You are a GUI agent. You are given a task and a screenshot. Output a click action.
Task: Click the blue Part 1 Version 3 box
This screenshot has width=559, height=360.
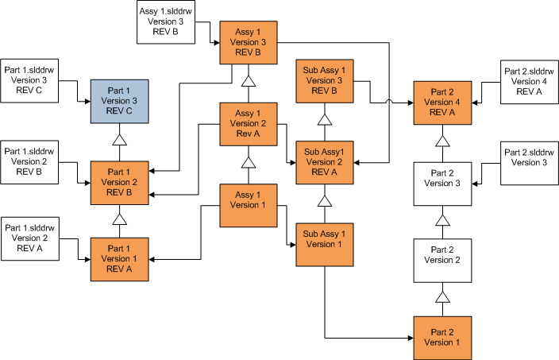tap(120, 102)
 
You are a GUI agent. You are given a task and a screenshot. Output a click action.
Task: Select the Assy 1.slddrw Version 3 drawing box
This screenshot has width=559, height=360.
tap(167, 22)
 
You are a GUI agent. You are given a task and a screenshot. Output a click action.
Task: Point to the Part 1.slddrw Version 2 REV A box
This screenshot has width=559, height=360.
tap(32, 238)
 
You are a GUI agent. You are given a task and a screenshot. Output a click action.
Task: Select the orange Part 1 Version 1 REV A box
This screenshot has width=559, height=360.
tap(120, 258)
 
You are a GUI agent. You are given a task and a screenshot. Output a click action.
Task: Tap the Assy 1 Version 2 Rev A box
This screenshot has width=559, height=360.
tap(248, 124)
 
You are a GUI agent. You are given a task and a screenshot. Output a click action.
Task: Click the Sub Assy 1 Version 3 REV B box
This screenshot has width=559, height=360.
tap(325, 80)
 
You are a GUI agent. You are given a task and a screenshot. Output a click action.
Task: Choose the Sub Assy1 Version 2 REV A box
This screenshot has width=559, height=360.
tap(325, 162)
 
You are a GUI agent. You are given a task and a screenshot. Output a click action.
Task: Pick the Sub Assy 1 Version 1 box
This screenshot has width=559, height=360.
tap(325, 244)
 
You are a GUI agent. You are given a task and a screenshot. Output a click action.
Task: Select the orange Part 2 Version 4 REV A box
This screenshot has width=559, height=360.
tap(443, 102)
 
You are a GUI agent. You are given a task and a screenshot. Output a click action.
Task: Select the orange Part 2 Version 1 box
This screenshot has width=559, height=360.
tap(443, 337)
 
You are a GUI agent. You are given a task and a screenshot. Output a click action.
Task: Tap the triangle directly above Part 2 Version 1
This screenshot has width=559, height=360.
tap(443, 297)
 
